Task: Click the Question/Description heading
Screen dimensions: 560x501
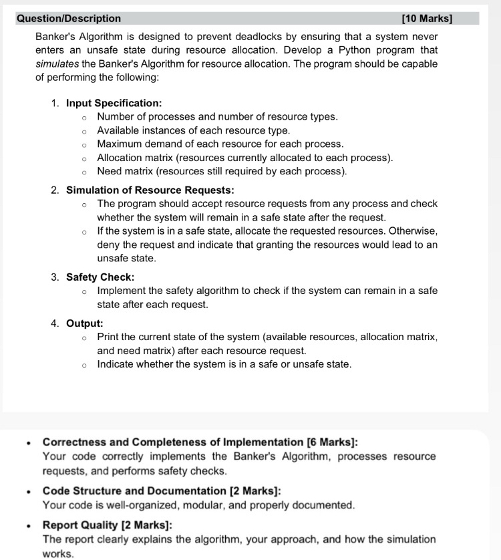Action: pos(69,19)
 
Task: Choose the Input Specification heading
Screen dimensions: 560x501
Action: pos(114,103)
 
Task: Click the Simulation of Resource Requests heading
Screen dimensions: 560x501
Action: pos(150,190)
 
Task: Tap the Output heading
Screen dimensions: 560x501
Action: pos(84,323)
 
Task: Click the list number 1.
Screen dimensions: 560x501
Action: pos(55,103)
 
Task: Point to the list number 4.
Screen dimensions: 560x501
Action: pos(55,323)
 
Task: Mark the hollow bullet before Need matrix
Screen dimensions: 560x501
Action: pos(84,172)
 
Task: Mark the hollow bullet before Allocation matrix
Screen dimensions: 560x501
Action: pos(84,158)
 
